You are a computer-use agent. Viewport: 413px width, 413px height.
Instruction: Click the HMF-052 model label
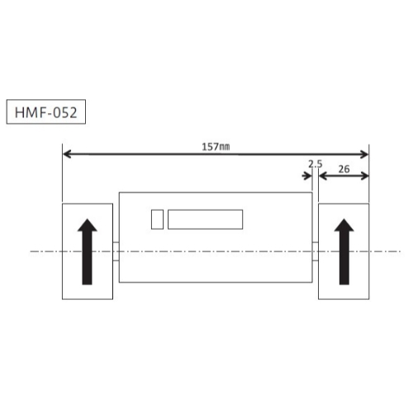click(46, 113)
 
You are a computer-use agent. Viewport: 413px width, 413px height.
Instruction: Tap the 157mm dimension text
click(216, 146)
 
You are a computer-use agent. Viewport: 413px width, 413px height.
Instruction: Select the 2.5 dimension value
click(314, 164)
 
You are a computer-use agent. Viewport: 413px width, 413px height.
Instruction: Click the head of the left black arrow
click(87, 228)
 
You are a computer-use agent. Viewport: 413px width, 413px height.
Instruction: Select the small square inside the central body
click(157, 219)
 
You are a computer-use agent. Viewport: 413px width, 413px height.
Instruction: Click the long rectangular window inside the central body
click(205, 219)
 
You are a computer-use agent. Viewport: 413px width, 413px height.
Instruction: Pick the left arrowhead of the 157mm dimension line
click(67, 154)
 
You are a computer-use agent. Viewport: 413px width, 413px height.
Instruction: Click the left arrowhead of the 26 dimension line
click(323, 175)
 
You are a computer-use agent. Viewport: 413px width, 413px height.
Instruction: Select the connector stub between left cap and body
click(116, 250)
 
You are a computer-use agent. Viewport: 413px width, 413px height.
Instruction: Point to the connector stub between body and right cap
click(315, 250)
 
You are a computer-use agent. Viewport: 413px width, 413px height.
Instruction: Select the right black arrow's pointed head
click(344, 227)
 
